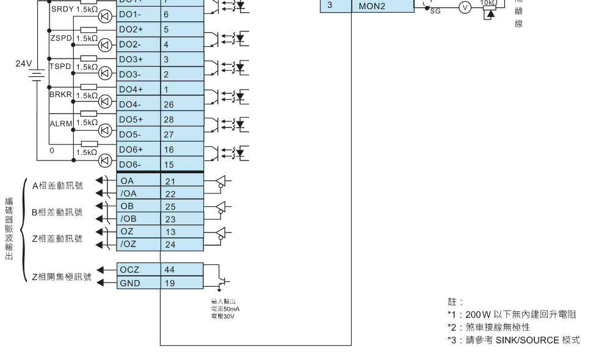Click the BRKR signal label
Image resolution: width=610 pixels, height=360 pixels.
pos(60,94)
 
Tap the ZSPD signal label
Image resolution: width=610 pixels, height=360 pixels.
pos(60,37)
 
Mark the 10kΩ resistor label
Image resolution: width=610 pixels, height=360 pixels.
pos(489,3)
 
